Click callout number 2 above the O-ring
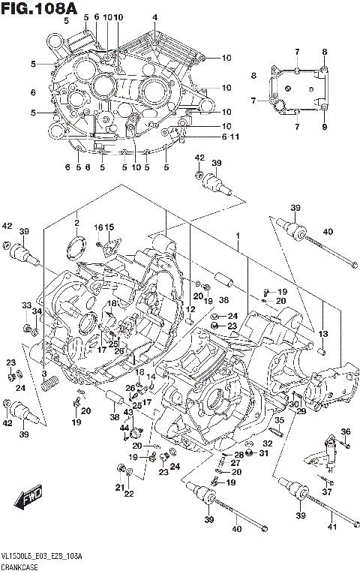click(76, 224)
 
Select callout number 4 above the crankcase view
click(154, 17)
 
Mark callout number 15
click(109, 227)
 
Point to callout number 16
click(97, 227)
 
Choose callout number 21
click(118, 487)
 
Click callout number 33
click(26, 305)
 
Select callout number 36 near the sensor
click(345, 431)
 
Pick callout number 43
click(128, 412)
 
